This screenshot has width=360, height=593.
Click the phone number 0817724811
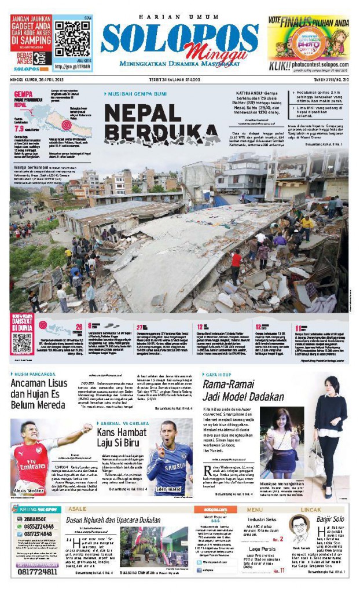pos(34,572)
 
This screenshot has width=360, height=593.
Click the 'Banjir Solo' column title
pos(332,519)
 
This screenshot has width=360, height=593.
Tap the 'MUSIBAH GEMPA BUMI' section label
pos(130,94)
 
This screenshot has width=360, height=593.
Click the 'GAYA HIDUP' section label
pos(218,375)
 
